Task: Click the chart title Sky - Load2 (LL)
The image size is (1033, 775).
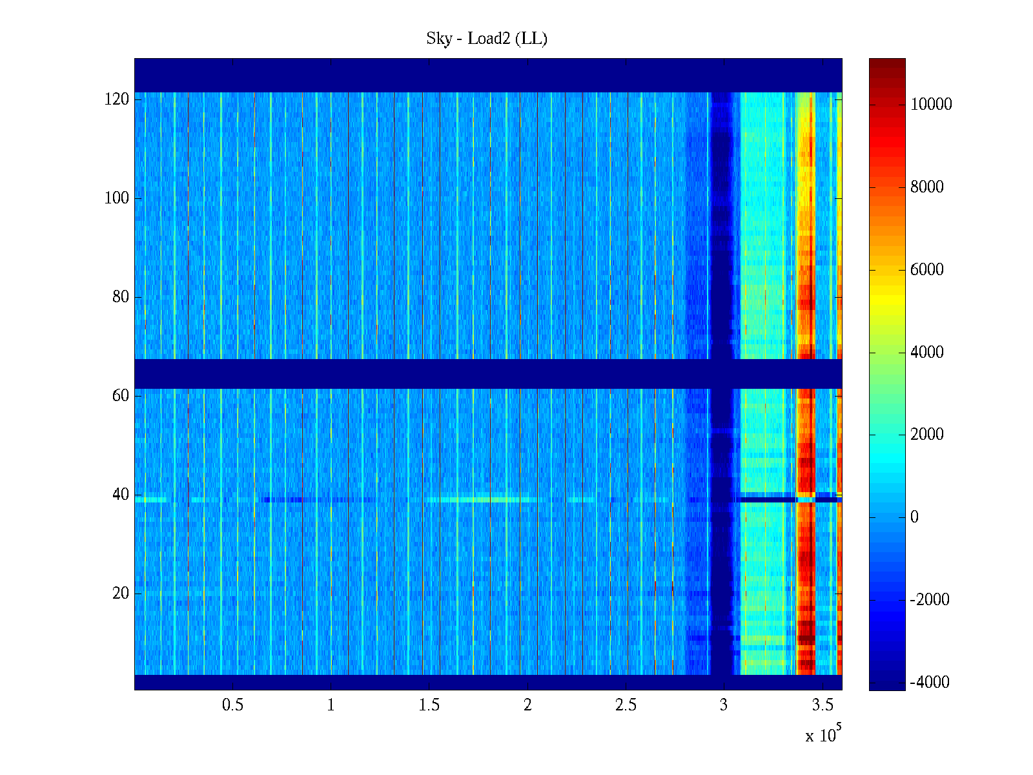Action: point(487,39)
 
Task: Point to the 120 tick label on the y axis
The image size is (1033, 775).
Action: point(117,99)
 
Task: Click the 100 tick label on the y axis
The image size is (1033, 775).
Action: point(117,198)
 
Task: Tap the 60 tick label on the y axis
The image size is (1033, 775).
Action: point(121,396)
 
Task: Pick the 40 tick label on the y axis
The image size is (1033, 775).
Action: point(121,495)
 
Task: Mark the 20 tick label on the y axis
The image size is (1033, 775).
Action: point(121,594)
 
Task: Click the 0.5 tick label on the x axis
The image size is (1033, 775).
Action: point(233,705)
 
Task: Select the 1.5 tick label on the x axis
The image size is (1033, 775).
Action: point(429,705)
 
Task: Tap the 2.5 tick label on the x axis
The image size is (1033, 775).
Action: point(626,705)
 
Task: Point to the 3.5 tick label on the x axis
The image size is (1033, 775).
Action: point(823,705)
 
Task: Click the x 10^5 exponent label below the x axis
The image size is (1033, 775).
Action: point(823,734)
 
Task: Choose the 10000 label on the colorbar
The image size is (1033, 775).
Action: point(931,105)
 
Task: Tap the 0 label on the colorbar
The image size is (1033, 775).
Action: point(914,517)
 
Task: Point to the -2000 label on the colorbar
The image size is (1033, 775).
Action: point(930,600)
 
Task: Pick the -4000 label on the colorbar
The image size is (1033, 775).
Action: point(930,683)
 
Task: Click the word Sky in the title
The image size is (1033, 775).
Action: point(439,39)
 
